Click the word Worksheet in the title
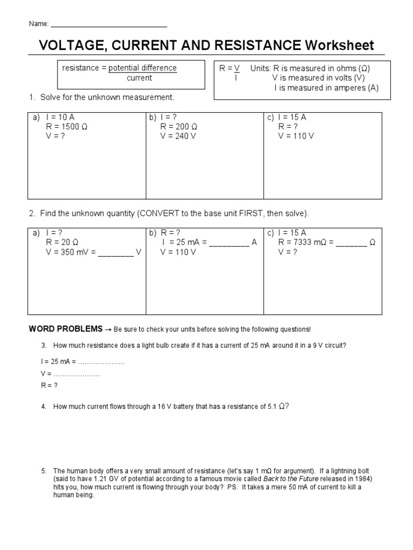coord(339,46)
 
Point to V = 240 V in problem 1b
coord(178,136)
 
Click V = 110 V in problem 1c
coord(296,136)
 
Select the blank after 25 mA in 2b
coord(229,243)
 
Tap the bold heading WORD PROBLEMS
coord(65,329)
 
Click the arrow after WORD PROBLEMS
coord(108,329)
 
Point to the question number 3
coord(44,346)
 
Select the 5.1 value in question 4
coord(272,407)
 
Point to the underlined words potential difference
coord(143,68)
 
